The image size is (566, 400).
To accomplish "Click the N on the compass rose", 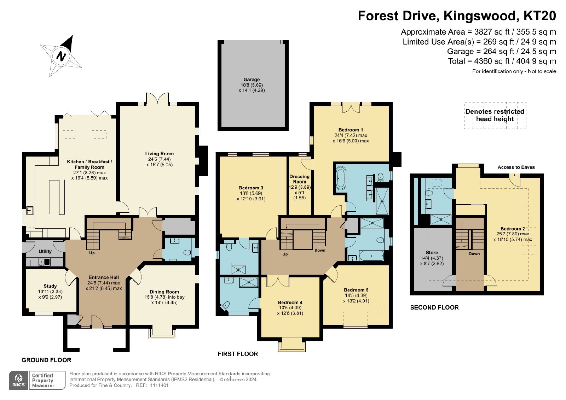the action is [x=60, y=56].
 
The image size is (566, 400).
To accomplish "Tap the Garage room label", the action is [x=252, y=80].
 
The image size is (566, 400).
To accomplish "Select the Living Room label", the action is [x=160, y=153].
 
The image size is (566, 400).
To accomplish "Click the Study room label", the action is [x=50, y=286].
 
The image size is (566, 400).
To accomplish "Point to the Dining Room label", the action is [x=164, y=292].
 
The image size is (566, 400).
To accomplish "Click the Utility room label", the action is [x=45, y=251].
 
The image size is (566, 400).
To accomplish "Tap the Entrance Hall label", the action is [x=104, y=277].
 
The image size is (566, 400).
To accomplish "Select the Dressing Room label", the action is [x=299, y=179].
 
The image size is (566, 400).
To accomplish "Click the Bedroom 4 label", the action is [x=290, y=302].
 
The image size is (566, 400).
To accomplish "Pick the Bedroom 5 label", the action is [x=356, y=290].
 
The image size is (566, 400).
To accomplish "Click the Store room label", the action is [x=432, y=252].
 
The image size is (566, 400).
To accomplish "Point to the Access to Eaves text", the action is [x=516, y=167].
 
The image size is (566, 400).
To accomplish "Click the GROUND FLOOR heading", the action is [x=46, y=360].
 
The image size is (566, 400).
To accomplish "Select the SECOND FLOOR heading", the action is [x=434, y=307].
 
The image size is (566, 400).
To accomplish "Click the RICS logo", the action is [x=19, y=380].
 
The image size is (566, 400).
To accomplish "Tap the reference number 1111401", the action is [x=159, y=386].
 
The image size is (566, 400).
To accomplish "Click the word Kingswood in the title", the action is [x=480, y=16].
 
